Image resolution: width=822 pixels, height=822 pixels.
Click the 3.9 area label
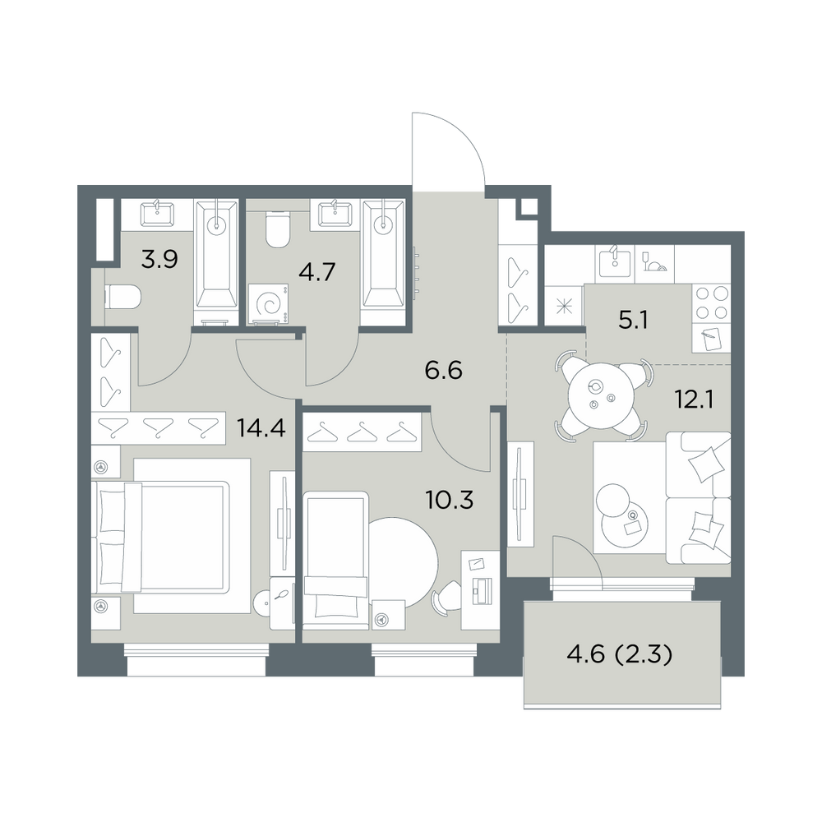click(x=160, y=259)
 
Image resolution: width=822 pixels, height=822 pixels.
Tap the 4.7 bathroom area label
click(x=316, y=272)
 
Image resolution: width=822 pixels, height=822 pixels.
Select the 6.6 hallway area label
click(x=444, y=371)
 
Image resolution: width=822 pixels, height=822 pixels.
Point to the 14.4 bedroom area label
click(x=261, y=428)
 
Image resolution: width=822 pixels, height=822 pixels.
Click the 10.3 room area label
click(x=450, y=501)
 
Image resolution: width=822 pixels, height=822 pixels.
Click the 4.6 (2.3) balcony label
click(x=620, y=655)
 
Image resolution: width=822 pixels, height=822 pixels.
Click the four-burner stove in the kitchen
click(x=711, y=304)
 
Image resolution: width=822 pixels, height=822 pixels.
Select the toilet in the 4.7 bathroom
click(x=278, y=229)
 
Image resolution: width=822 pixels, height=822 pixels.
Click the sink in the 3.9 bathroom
click(x=157, y=214)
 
